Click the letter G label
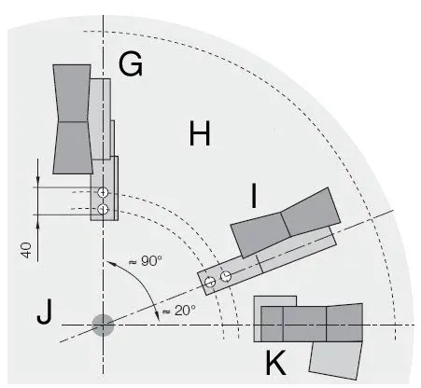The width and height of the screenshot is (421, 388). click(131, 65)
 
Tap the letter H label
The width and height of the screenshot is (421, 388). click(199, 135)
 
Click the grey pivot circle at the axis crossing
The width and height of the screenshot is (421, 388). click(102, 325)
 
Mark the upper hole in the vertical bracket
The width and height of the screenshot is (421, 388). click(103, 193)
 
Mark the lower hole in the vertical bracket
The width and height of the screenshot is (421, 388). click(103, 208)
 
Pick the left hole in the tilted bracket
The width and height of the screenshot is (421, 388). click(211, 281)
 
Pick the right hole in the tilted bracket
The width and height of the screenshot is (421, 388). click(225, 275)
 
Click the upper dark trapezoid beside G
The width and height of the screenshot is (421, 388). click(72, 92)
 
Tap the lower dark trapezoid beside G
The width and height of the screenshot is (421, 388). click(71, 146)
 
